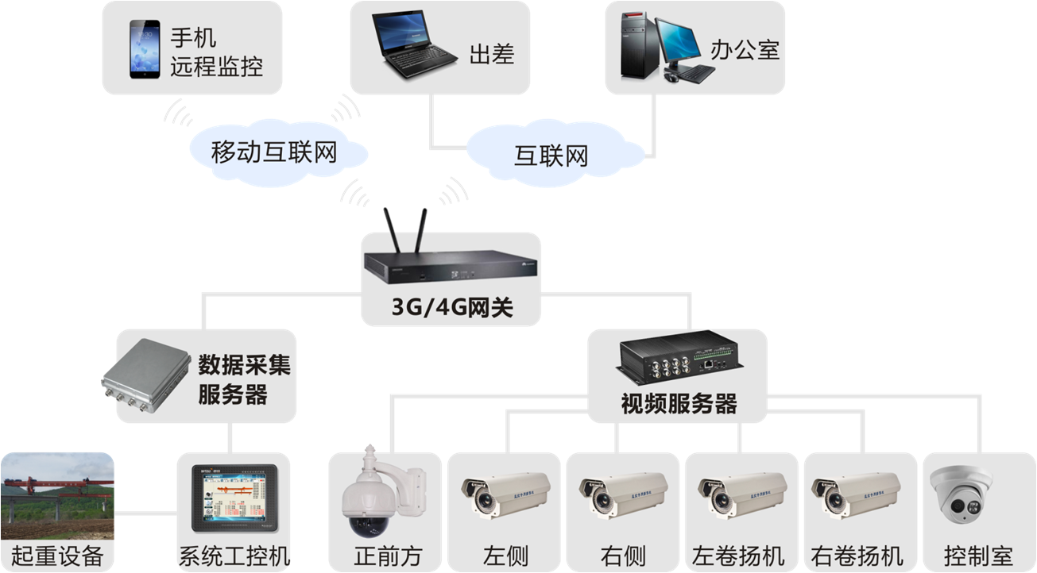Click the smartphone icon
(x=145, y=49)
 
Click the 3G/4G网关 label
(x=452, y=309)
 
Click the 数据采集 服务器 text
(x=244, y=379)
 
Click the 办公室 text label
(x=745, y=51)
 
